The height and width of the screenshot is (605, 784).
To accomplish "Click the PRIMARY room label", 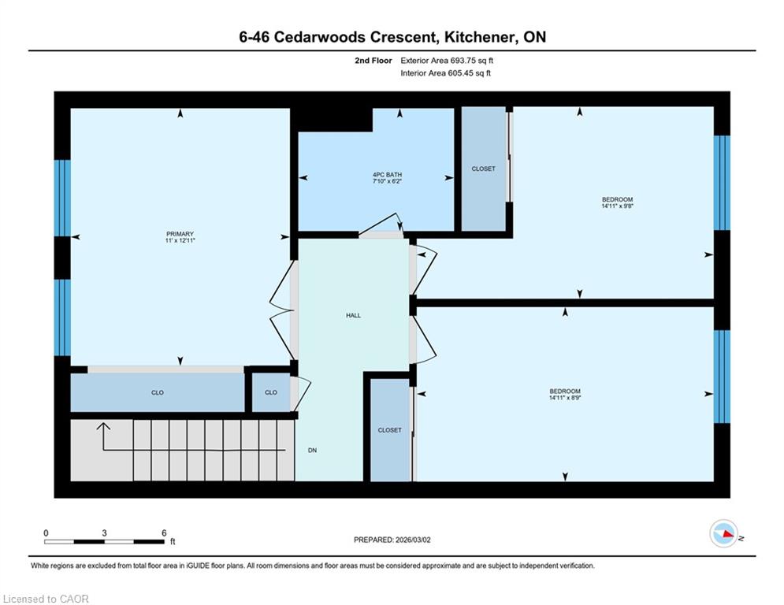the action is click(180, 234).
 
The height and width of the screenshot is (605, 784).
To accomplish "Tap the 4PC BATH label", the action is click(387, 175).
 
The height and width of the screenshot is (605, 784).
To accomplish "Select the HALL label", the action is click(354, 316).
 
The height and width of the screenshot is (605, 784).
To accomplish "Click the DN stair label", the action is click(313, 451).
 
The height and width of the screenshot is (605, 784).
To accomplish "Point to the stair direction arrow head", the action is click(103, 426).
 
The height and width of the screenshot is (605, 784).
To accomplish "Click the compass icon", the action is click(724, 533).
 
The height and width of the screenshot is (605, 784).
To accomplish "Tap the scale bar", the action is click(105, 541).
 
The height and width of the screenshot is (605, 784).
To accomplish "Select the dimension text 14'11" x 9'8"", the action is click(618, 206).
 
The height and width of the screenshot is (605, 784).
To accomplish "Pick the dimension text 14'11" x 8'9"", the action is click(565, 398).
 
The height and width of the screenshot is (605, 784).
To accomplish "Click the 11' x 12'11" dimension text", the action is click(180, 240).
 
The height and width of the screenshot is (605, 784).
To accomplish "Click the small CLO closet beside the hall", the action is click(271, 392).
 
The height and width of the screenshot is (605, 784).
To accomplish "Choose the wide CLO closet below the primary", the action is click(158, 392).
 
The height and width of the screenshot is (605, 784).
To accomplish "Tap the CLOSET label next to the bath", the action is click(484, 169).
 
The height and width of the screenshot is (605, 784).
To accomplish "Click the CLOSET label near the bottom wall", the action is click(389, 430).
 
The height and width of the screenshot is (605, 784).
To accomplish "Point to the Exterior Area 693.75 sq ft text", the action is click(447, 61).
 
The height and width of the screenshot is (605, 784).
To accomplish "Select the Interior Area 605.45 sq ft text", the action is click(445, 73).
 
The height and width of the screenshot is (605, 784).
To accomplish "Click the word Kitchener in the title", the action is click(480, 37).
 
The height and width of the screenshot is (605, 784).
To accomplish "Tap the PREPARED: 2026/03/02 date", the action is click(392, 540).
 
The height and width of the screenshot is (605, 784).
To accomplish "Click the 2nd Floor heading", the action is click(373, 61).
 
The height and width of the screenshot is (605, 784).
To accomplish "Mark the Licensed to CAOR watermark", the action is click(46, 599).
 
